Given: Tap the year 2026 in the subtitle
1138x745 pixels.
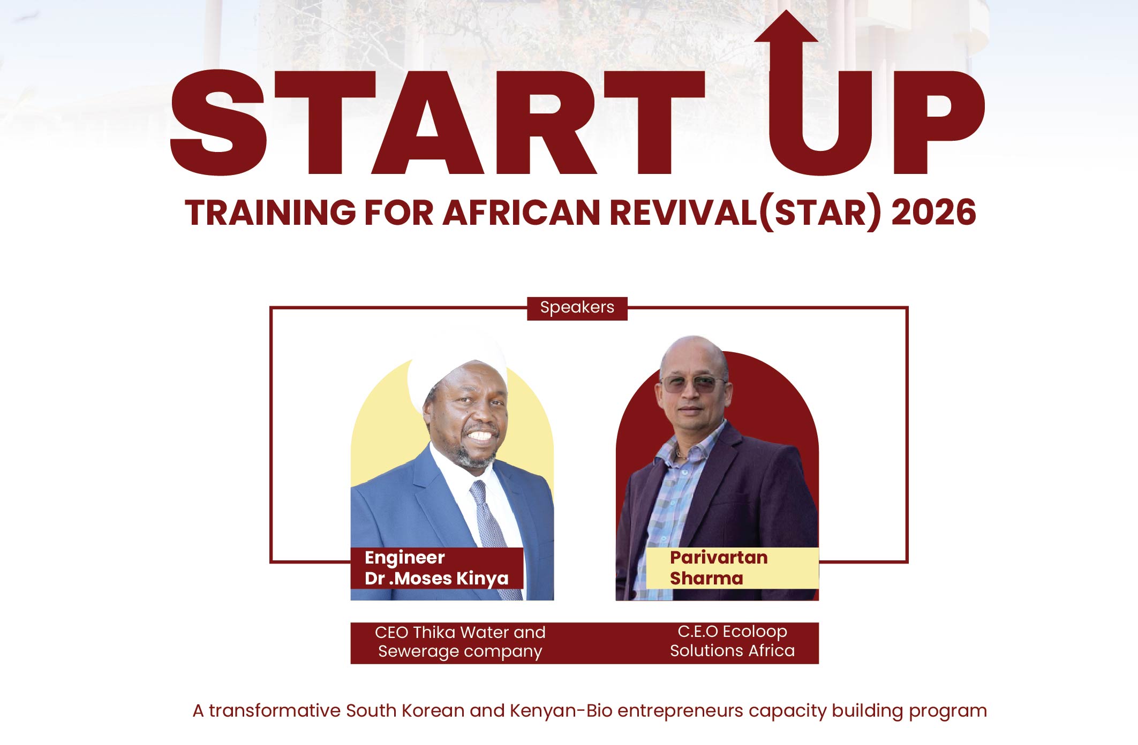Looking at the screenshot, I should point(933,212).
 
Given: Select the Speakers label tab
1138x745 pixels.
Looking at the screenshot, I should point(577,308).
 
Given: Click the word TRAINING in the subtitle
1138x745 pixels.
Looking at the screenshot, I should point(270,212).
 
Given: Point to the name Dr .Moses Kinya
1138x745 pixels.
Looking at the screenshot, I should point(436,579).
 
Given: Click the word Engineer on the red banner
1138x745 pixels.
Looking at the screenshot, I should point(404,558).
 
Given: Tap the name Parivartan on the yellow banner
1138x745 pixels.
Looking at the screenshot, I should point(719,558).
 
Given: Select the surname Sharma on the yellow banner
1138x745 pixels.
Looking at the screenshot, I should point(706,579).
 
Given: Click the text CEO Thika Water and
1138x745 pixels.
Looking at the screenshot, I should point(460,632).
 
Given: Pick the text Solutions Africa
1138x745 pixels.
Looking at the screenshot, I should point(732,651).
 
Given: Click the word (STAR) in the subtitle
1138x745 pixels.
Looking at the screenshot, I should point(820,212).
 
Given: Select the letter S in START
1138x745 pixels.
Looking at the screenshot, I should point(218,123).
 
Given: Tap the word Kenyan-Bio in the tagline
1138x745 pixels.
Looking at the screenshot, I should point(561,711).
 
